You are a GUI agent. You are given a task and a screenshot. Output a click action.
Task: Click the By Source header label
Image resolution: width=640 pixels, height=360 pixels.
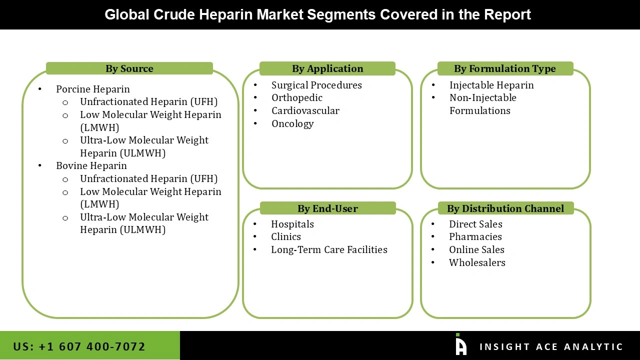coord(129,68)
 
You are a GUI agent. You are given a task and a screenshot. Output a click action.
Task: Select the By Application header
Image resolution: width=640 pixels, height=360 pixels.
coord(327,68)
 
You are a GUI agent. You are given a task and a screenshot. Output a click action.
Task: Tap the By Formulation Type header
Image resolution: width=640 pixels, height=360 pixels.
coord(504,68)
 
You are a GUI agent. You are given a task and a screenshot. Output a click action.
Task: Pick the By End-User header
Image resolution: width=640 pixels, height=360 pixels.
coord(327,208)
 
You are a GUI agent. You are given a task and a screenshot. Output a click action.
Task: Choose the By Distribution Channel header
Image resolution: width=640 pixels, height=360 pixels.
coord(505,208)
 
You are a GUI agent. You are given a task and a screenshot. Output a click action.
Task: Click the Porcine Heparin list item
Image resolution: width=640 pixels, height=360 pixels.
coord(92,89)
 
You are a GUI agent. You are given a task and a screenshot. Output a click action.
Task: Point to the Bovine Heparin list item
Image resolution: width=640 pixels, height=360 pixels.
coord(91,165)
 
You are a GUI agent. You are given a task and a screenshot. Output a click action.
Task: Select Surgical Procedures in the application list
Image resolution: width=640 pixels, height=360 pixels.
coord(316,85)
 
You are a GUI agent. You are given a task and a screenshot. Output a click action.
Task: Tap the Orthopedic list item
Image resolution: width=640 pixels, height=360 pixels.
coord(297,97)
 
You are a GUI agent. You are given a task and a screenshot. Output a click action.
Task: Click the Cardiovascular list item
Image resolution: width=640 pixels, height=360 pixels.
coord(305,110)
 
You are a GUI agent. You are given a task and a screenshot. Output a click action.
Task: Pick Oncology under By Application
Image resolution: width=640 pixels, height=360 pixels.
coord(292,123)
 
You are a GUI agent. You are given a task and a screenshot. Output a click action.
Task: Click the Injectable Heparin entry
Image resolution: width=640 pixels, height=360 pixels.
coord(491,85)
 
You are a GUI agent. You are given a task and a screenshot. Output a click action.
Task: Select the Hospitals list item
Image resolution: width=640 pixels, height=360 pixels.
coord(292,224)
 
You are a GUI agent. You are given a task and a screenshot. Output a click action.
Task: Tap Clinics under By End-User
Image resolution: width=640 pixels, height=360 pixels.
coord(286,236)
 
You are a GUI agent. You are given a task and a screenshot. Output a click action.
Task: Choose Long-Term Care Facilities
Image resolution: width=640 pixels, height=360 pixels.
coord(329,249)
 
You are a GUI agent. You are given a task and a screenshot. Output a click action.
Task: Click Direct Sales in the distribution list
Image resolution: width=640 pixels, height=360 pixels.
coord(475,224)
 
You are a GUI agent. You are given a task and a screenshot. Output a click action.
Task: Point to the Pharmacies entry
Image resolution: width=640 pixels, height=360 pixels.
coord(475,236)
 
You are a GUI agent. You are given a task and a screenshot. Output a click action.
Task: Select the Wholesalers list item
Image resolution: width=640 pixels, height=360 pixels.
coord(477,262)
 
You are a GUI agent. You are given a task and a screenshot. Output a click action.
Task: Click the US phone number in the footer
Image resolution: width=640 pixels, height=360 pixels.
coord(79,346)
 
